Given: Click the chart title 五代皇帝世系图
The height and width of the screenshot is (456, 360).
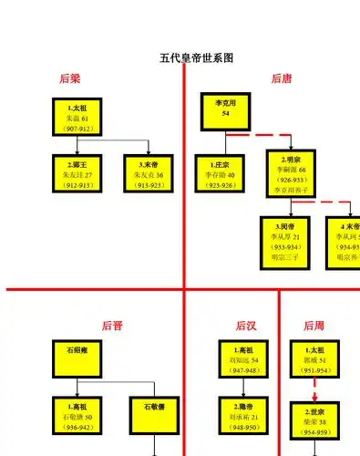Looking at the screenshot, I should point(197,57).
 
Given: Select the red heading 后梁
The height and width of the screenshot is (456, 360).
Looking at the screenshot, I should point(69,79).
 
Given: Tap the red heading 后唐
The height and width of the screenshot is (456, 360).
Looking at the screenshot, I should point(282,79).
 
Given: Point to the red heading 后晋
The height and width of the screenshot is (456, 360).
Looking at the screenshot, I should point(112,325).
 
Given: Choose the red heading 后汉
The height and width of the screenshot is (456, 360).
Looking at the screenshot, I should point(245,325).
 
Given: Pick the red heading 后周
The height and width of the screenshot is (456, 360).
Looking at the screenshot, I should point(314,325).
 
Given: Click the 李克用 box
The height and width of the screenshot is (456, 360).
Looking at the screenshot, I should point(225,109).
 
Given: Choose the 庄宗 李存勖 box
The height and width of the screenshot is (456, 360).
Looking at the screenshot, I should point(219,173).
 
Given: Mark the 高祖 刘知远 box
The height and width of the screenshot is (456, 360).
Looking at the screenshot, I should point(242,359).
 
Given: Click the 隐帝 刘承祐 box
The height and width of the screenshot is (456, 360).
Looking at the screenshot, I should point(242,415).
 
